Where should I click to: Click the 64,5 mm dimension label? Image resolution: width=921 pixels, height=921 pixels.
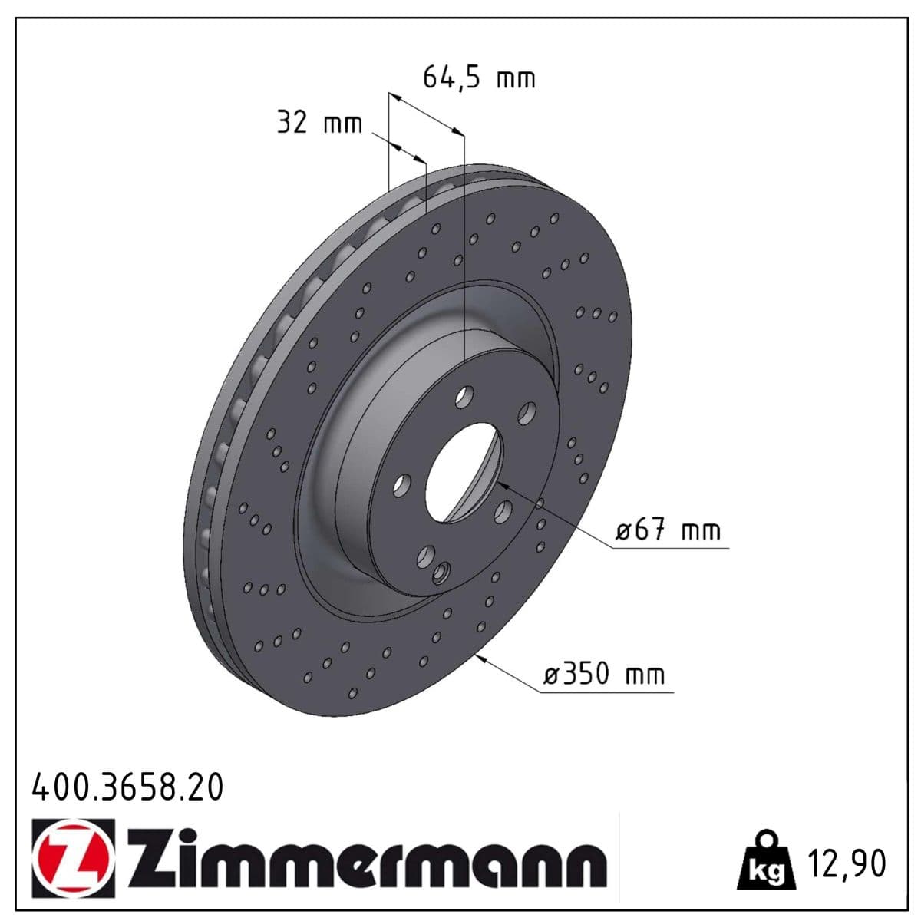coord(479,78)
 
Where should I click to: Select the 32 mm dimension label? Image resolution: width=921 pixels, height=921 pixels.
coord(319,123)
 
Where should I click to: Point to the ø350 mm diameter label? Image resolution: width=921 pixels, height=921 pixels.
coord(603,675)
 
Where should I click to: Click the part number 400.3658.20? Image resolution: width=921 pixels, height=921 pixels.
coord(127,787)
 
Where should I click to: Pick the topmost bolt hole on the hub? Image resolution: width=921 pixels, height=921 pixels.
coord(464,397)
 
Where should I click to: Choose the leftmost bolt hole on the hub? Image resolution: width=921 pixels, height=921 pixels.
coord(401,484)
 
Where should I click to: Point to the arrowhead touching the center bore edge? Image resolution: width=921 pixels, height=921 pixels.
coord(503,486)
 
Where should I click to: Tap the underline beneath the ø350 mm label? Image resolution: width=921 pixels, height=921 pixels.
coord(606,691)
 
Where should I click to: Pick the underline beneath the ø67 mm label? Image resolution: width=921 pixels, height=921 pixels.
coord(672,548)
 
